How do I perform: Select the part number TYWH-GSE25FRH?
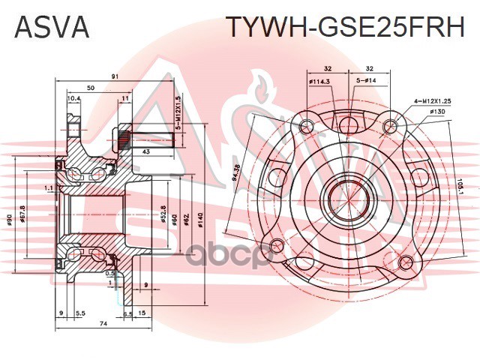(345, 28)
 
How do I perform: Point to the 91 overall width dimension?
(114, 75)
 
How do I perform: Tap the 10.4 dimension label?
(73, 99)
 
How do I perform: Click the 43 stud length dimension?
(145, 153)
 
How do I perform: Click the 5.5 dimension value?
(79, 313)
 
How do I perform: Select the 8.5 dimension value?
(127, 313)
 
